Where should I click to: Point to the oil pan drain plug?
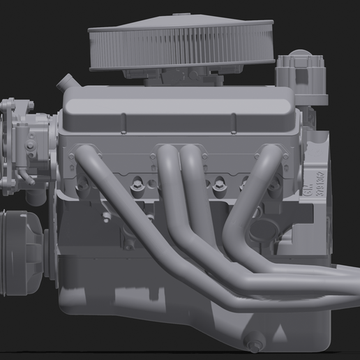click(255, 343)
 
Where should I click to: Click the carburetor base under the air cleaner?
click(174, 77)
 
